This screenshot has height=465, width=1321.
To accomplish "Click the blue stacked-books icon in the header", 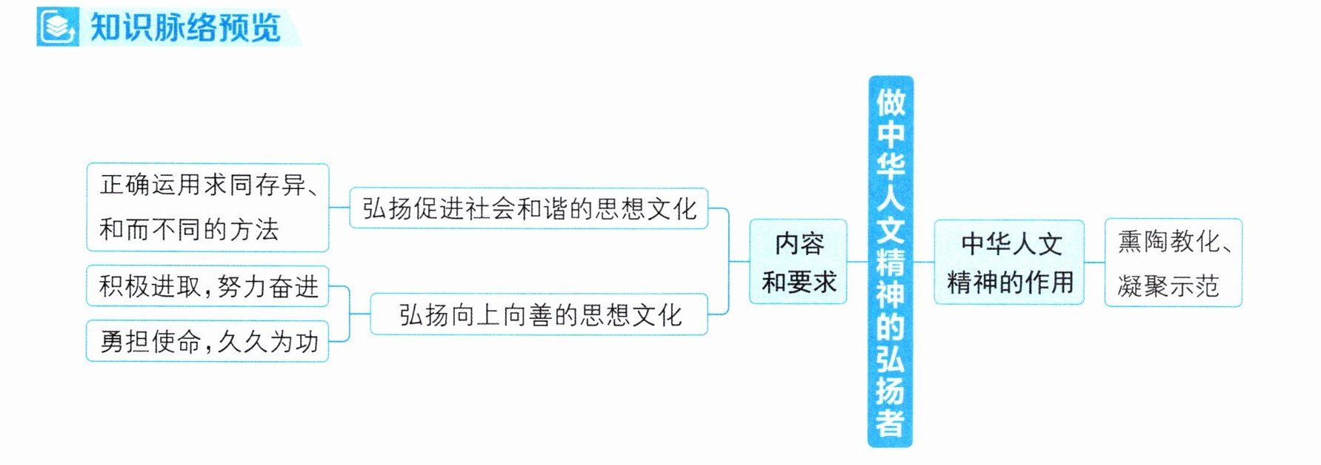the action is point(58,27).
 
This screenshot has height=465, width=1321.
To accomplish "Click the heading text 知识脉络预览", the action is point(185,28).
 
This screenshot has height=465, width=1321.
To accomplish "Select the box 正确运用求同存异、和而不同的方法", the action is point(207,208).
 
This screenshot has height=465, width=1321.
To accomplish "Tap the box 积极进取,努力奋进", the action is point(207,286).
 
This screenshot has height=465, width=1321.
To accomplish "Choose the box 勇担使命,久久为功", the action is point(207,341).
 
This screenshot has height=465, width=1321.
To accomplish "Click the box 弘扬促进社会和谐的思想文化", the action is point(529,208).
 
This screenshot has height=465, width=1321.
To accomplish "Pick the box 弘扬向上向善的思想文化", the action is point(539,314).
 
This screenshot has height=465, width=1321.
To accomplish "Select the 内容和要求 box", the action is point(798,262).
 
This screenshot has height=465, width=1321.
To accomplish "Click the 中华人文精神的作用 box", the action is point(1009,262).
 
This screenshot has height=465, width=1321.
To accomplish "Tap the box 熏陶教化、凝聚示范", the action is point(1174,263).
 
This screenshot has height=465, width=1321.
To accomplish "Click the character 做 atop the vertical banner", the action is point(891,102).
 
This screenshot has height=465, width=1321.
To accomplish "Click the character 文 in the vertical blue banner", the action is point(891,230).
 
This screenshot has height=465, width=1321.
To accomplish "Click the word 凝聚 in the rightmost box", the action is point(1142,286).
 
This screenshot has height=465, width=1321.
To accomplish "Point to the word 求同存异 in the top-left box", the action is point(255,185).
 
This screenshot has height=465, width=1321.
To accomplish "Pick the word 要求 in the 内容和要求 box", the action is point(812,283).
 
